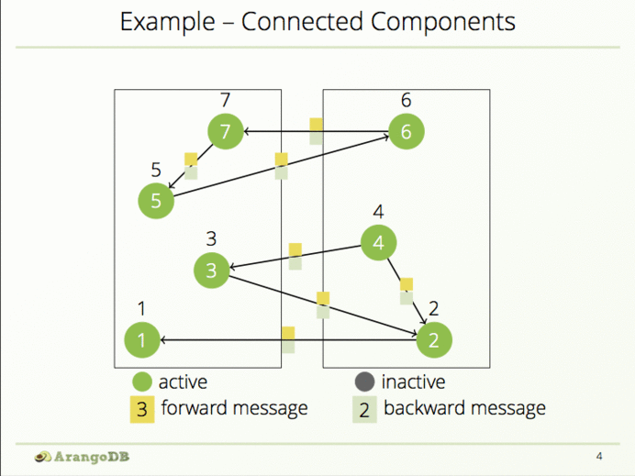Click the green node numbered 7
[224, 132]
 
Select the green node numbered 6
[407, 132]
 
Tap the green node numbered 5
[156, 201]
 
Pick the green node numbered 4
[378, 243]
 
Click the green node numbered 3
[211, 270]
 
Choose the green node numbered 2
[434, 340]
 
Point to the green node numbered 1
[141, 340]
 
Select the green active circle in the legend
[141, 382]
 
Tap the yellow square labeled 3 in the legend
[141, 409]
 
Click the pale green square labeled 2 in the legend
[364, 409]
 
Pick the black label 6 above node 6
[407, 99]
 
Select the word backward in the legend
[422, 408]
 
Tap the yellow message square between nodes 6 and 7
[316, 125]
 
